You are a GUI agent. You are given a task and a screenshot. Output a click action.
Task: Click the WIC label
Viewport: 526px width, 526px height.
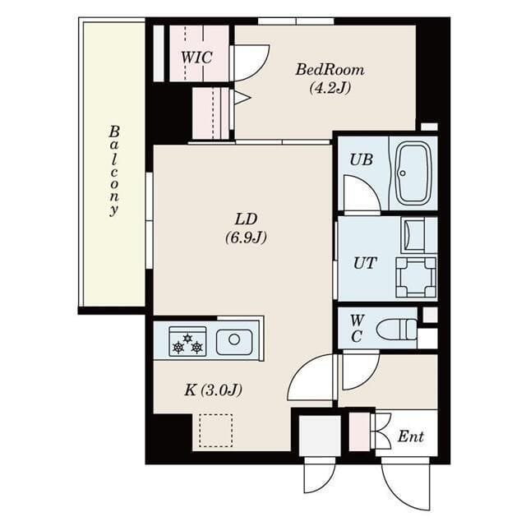point(197,58)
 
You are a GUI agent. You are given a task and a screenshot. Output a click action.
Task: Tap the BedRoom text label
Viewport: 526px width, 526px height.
point(330,70)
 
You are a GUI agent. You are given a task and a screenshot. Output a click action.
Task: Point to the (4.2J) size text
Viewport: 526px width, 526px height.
point(330,88)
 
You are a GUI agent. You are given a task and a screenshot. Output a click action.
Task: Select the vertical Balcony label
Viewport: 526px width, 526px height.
point(114,170)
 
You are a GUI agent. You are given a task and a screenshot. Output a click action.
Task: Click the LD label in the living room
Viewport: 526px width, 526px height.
point(247,219)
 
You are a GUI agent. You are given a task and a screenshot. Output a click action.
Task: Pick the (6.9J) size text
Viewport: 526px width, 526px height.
point(247,238)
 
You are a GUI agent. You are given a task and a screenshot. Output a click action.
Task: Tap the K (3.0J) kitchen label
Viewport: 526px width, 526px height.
point(212,389)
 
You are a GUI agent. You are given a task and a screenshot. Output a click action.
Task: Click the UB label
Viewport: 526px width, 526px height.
point(361,159)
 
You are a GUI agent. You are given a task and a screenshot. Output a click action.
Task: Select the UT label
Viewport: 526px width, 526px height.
point(364,264)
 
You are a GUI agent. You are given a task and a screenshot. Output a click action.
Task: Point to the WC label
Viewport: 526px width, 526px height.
point(356,328)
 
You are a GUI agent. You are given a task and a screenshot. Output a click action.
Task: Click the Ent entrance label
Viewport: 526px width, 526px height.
point(411,436)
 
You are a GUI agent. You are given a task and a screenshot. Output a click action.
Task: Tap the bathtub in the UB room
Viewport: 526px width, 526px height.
point(413,173)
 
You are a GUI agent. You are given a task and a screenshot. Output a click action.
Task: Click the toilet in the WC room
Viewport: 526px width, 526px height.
point(398,330)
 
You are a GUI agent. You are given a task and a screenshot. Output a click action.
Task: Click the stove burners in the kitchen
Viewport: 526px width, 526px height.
point(187,341)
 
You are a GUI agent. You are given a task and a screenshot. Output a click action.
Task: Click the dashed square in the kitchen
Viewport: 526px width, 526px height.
point(215,430)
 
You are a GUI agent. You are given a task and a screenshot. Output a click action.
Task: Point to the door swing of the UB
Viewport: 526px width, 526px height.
point(360,194)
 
